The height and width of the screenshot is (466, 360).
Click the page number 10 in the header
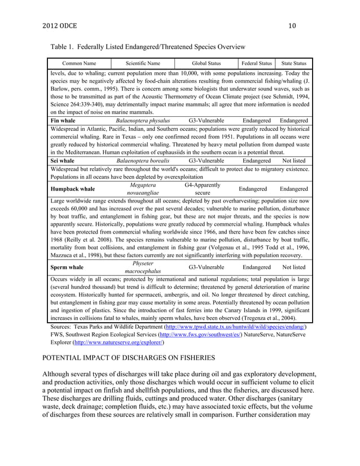292,25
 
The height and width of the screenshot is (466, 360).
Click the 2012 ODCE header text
61,25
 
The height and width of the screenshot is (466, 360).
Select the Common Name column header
80,63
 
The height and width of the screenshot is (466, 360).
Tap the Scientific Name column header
143,63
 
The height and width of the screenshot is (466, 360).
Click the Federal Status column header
257,63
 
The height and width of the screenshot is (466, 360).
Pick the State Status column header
294,63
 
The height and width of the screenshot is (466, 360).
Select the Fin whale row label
62,121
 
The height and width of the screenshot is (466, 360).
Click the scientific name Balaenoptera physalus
143,121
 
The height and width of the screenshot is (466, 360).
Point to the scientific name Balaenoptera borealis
143,161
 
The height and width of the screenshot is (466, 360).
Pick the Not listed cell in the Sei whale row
294,161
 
